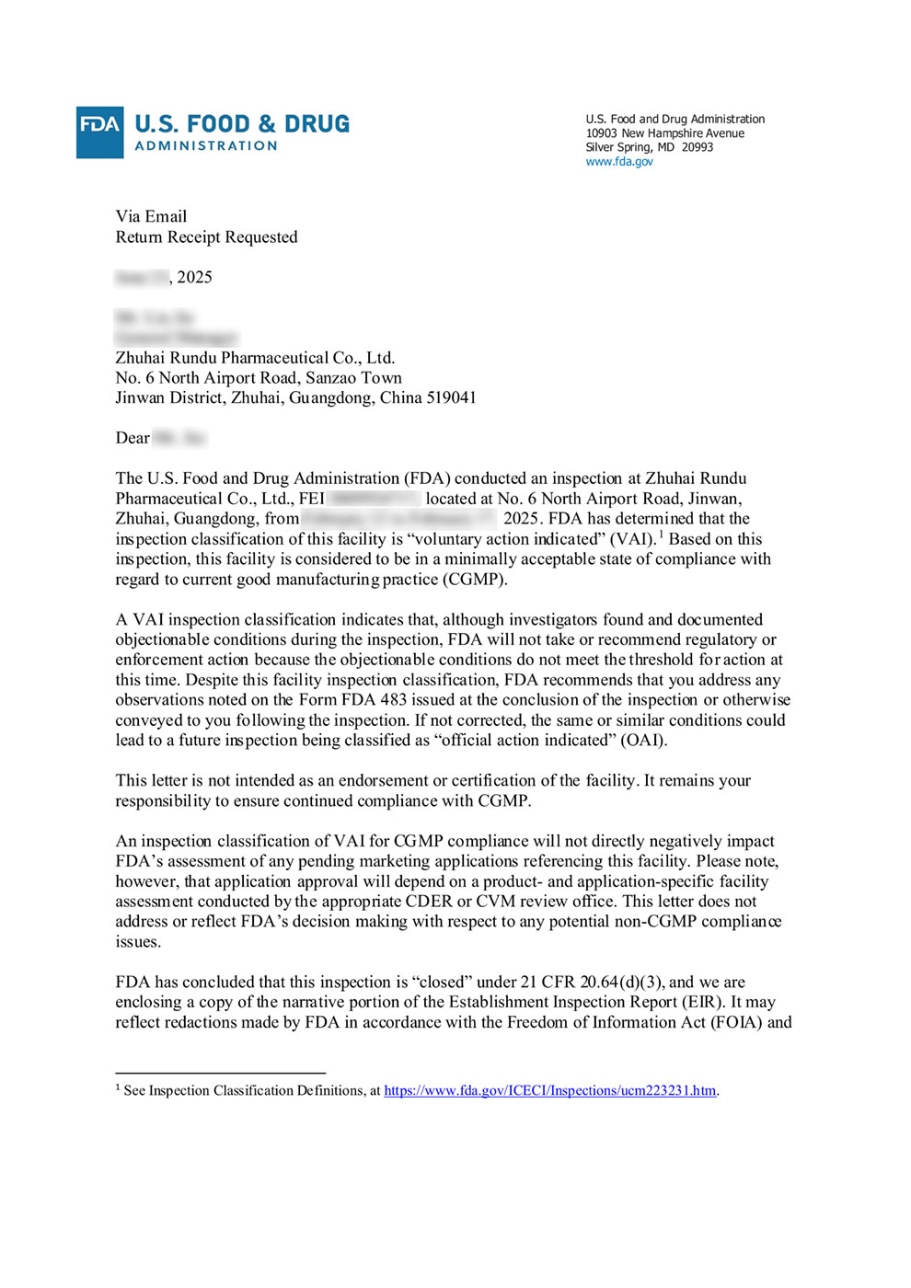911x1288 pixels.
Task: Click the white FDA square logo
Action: pyautogui.click(x=99, y=132)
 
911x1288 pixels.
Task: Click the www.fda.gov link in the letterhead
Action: pyautogui.click(x=619, y=162)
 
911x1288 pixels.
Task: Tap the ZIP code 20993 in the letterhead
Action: pyautogui.click(x=698, y=147)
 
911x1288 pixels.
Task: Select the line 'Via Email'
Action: pyautogui.click(x=151, y=217)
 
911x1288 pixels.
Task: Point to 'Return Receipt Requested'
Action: pyautogui.click(x=206, y=237)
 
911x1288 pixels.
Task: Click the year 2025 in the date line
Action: pyautogui.click(x=194, y=278)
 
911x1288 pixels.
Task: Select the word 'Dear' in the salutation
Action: pyautogui.click(x=133, y=439)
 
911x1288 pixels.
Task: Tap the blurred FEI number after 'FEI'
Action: pyautogui.click(x=375, y=499)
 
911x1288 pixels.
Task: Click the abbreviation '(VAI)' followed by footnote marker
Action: pyautogui.click(x=632, y=539)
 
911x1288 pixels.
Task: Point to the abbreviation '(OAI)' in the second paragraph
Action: pyautogui.click(x=643, y=741)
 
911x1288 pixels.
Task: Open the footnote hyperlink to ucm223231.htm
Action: pyautogui.click(x=549, y=1091)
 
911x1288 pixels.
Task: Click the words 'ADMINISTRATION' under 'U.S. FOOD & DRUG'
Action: pyautogui.click(x=206, y=146)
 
